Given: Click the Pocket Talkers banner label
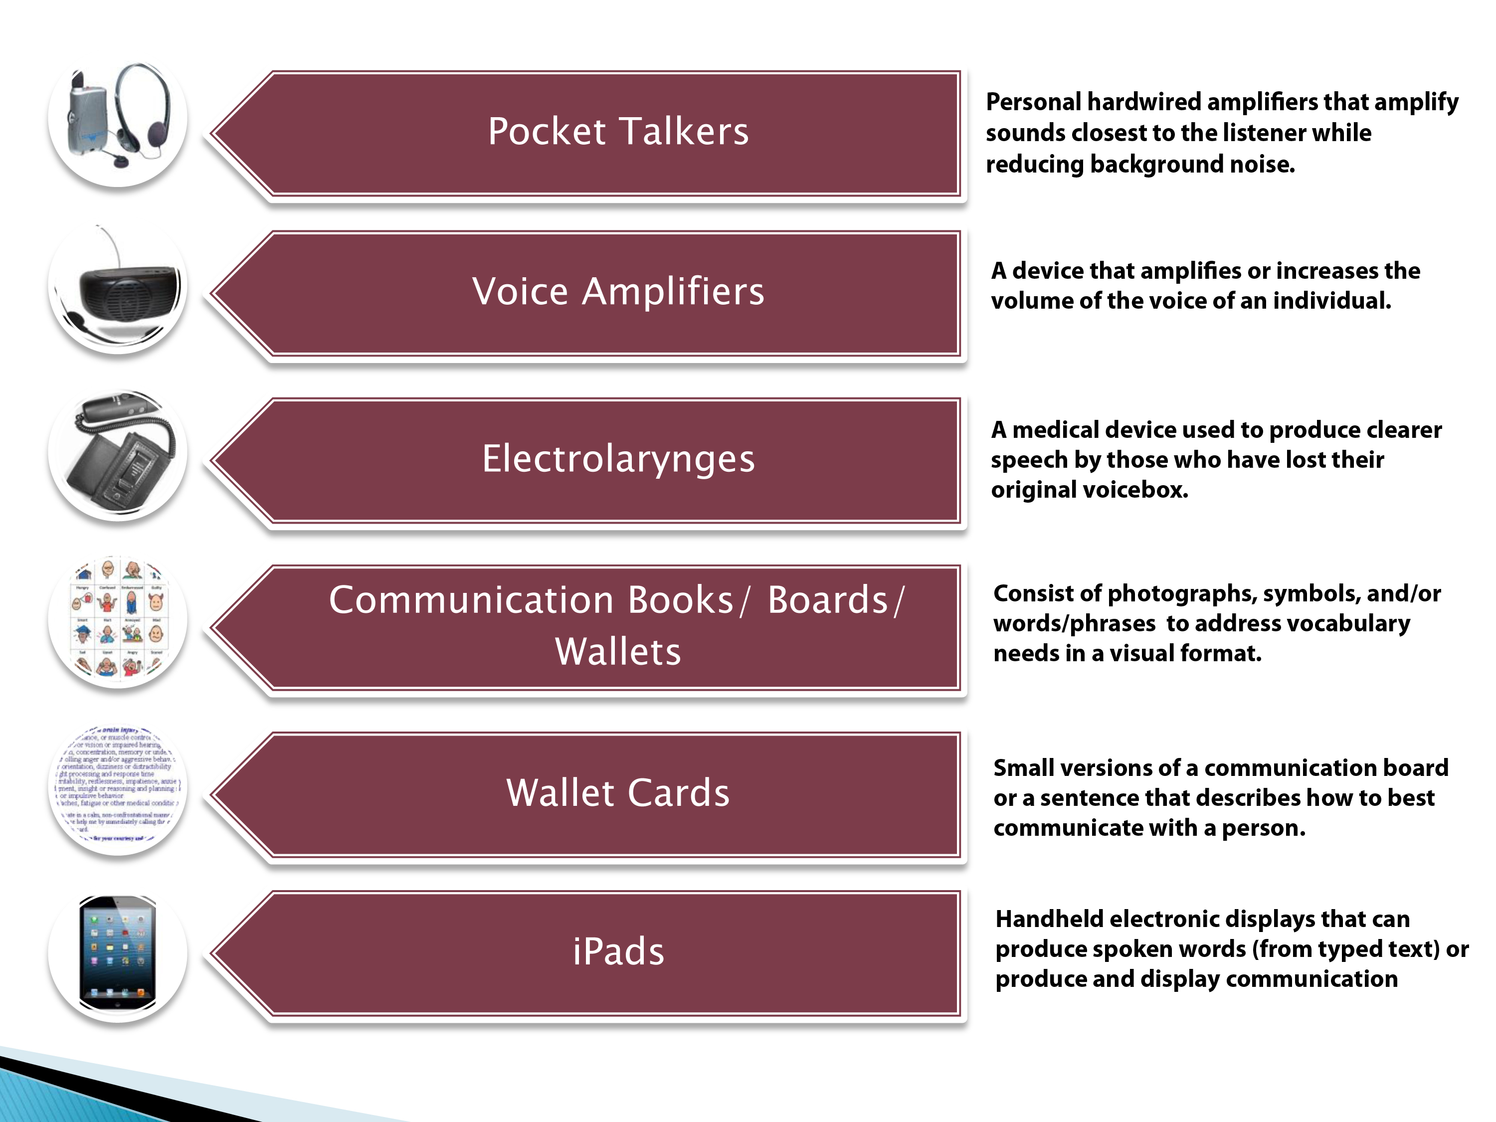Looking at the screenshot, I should click(618, 131).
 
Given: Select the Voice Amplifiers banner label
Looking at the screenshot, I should click(618, 292).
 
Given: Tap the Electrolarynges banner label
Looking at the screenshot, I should click(618, 459).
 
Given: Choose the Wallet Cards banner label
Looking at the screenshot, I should click(618, 793).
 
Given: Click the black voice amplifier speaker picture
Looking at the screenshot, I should click(125, 291).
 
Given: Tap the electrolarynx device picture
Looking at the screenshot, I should click(122, 453).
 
